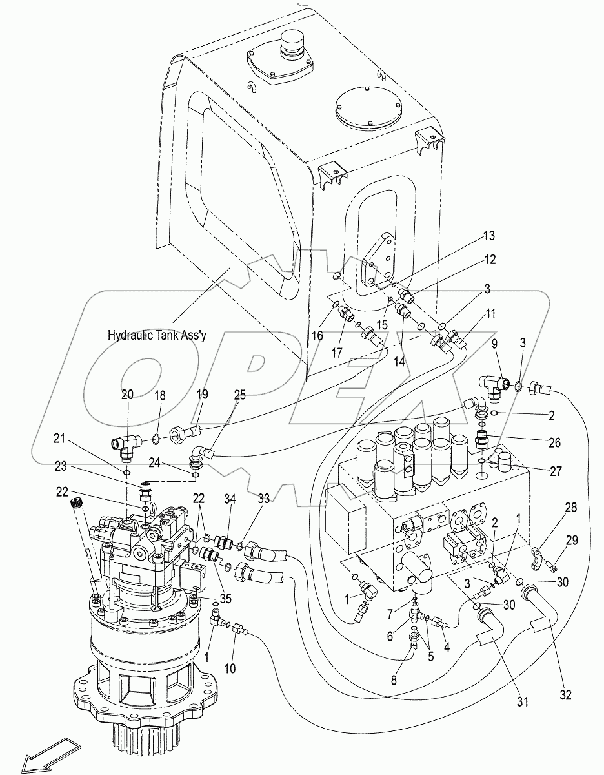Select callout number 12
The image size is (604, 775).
(490, 260)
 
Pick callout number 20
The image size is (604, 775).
(127, 395)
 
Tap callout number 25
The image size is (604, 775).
(239, 395)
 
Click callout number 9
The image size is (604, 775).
(496, 343)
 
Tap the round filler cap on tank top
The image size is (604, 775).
(288, 50)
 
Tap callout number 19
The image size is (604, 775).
(201, 395)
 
